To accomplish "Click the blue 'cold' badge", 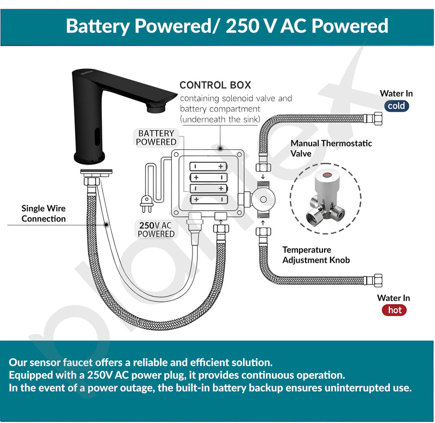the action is [x=396, y=106].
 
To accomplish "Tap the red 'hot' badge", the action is [x=394, y=310].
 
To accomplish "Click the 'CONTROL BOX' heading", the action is [x=215, y=85].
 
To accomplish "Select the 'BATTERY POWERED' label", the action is [x=156, y=138].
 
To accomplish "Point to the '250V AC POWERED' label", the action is [x=156, y=230].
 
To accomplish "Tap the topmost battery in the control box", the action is [x=209, y=167].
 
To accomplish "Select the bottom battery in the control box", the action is [x=209, y=199].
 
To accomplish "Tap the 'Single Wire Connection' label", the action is [x=43, y=213].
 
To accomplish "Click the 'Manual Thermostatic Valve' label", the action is [x=331, y=148].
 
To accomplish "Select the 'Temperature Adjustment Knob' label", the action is [x=316, y=255].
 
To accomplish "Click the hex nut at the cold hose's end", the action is [x=378, y=118].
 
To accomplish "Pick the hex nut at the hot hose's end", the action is [x=378, y=280].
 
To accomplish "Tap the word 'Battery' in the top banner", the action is [x=98, y=26].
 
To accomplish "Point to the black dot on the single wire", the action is [x=106, y=225].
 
